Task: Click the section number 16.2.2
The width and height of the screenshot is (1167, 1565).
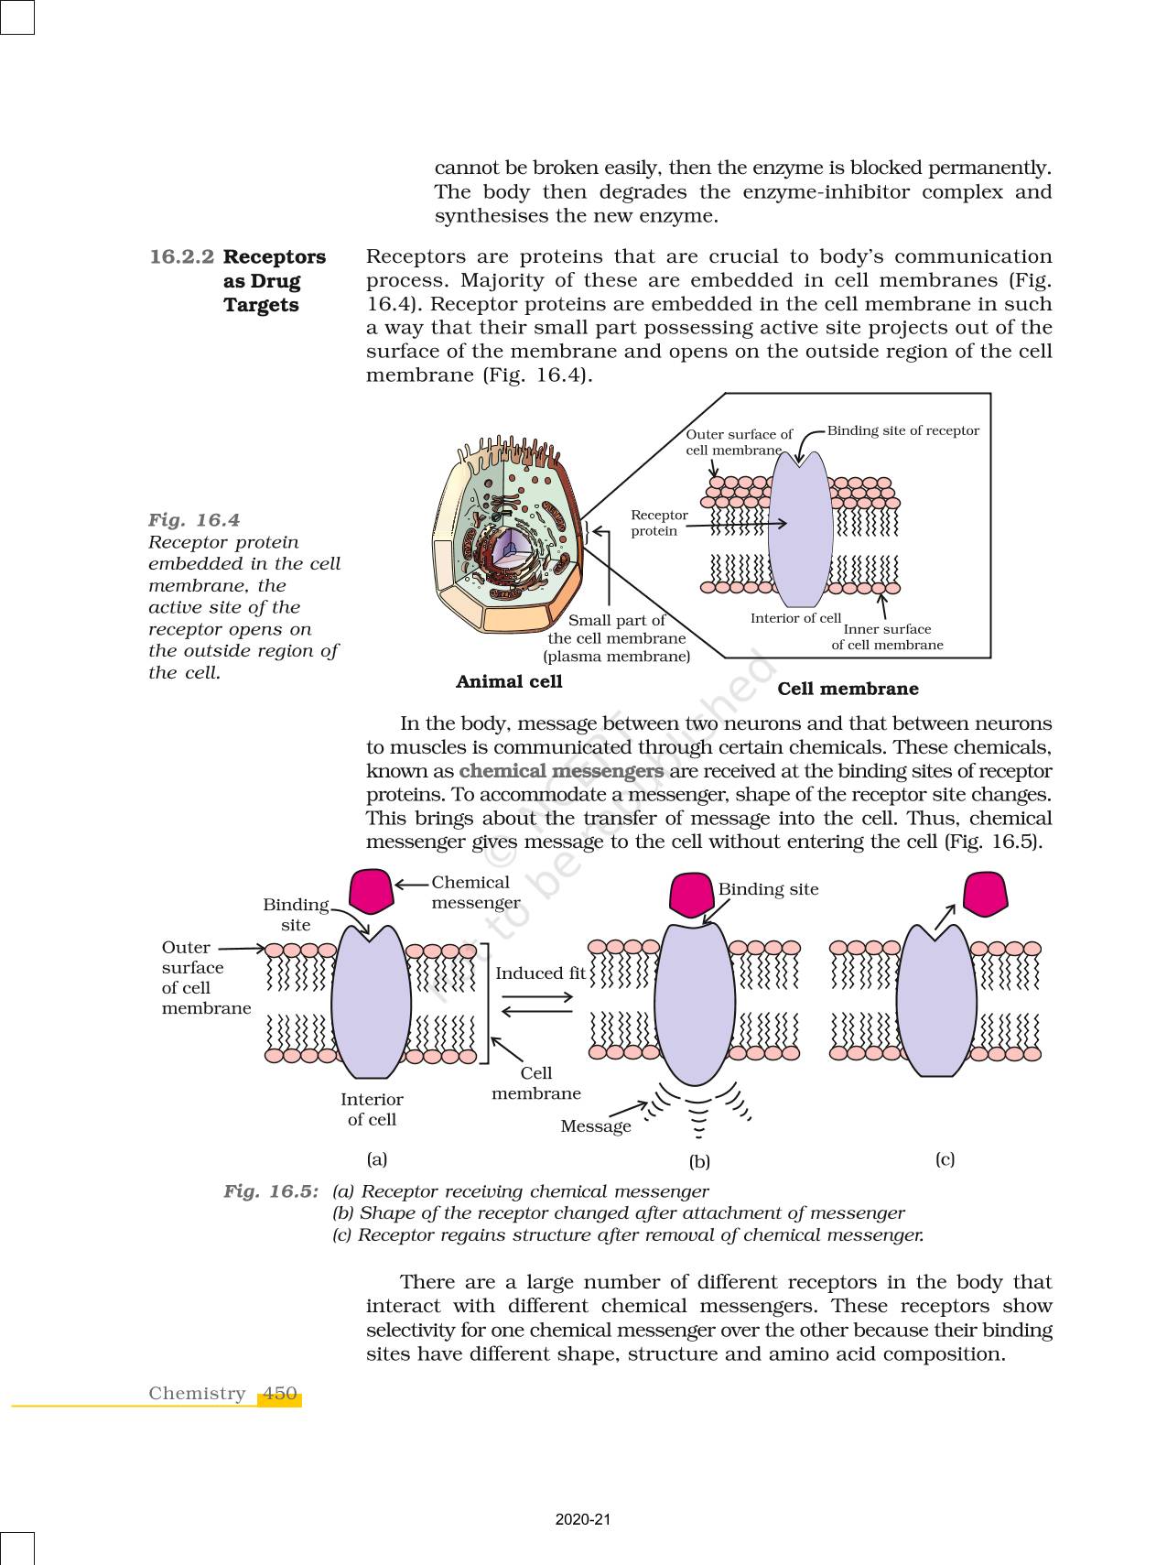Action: [x=181, y=257]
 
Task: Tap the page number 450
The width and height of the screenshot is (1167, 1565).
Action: [x=279, y=1393]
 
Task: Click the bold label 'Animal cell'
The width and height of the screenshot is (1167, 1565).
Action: [x=509, y=681]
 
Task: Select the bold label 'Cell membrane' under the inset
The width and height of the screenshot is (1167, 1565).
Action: [x=848, y=689]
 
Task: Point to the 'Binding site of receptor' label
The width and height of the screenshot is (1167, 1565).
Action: [x=902, y=430]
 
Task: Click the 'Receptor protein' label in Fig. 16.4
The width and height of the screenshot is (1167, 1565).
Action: [x=658, y=523]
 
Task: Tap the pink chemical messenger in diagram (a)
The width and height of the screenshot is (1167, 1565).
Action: [x=372, y=892]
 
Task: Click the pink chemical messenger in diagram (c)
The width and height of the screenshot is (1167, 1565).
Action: [x=985, y=894]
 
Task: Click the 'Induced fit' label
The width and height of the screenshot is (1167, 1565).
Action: [x=540, y=973]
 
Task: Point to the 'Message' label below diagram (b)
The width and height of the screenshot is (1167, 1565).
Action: [x=596, y=1126]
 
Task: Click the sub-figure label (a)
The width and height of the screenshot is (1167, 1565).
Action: [x=377, y=1159]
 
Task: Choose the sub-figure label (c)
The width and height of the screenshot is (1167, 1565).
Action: [x=945, y=1159]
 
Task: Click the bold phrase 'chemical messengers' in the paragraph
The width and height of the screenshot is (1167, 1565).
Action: [x=561, y=771]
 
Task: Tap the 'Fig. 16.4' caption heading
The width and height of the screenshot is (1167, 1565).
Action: [x=194, y=520]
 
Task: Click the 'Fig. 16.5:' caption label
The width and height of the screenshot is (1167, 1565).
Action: [x=271, y=1191]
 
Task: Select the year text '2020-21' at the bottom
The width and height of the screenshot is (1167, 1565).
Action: [x=583, y=1519]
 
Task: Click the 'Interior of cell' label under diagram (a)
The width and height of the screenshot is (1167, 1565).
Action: [x=372, y=1109]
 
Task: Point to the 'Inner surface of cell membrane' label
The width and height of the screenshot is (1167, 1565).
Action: [x=887, y=636]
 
